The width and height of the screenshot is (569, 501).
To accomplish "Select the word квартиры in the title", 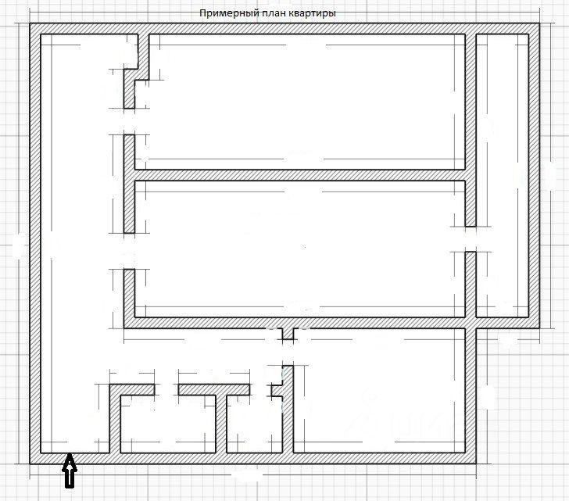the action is tap(313, 13).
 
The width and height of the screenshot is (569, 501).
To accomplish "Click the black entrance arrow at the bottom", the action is tap(70, 471).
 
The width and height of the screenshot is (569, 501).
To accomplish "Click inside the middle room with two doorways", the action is tap(300, 249).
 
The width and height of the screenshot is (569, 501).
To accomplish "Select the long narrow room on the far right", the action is tap(503, 176).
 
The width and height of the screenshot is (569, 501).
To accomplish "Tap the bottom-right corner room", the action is tap(379, 391).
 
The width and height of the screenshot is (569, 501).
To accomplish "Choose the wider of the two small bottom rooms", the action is tap(167, 424).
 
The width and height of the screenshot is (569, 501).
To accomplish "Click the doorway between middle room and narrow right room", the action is tap(471, 239).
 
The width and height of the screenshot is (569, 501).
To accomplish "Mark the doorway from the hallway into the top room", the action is tap(129, 121).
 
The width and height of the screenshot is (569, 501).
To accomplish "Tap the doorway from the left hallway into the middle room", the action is tap(129, 251).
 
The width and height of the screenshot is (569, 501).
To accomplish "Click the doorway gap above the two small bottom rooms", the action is tap(166, 390).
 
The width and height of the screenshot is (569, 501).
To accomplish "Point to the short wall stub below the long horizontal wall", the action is tap(288, 334).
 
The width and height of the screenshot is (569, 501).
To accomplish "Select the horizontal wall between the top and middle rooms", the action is tap(300, 175).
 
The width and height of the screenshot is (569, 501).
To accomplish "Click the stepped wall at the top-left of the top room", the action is tap(137, 71).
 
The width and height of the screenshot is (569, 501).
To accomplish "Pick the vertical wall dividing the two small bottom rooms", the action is tap(221, 424).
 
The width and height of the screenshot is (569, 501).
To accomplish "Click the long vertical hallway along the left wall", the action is tap(75, 243).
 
